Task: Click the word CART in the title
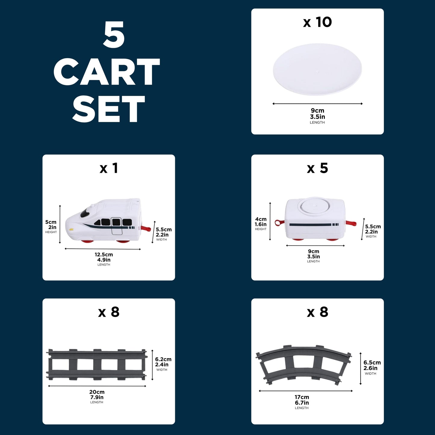[107, 72]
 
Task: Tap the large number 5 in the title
[114, 34]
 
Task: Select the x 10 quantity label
[317, 22]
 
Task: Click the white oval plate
[317, 69]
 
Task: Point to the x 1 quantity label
[109, 168]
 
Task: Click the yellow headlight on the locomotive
[72, 230]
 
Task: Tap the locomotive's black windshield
[85, 213]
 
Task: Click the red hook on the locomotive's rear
[146, 228]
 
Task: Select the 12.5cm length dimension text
[104, 255]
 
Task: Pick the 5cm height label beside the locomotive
[51, 222]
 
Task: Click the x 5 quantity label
[317, 168]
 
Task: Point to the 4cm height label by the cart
[261, 219]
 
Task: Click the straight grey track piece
[97, 365]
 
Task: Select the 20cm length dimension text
[97, 392]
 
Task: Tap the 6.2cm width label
[163, 359]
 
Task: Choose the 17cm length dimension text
[302, 397]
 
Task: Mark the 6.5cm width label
[372, 362]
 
